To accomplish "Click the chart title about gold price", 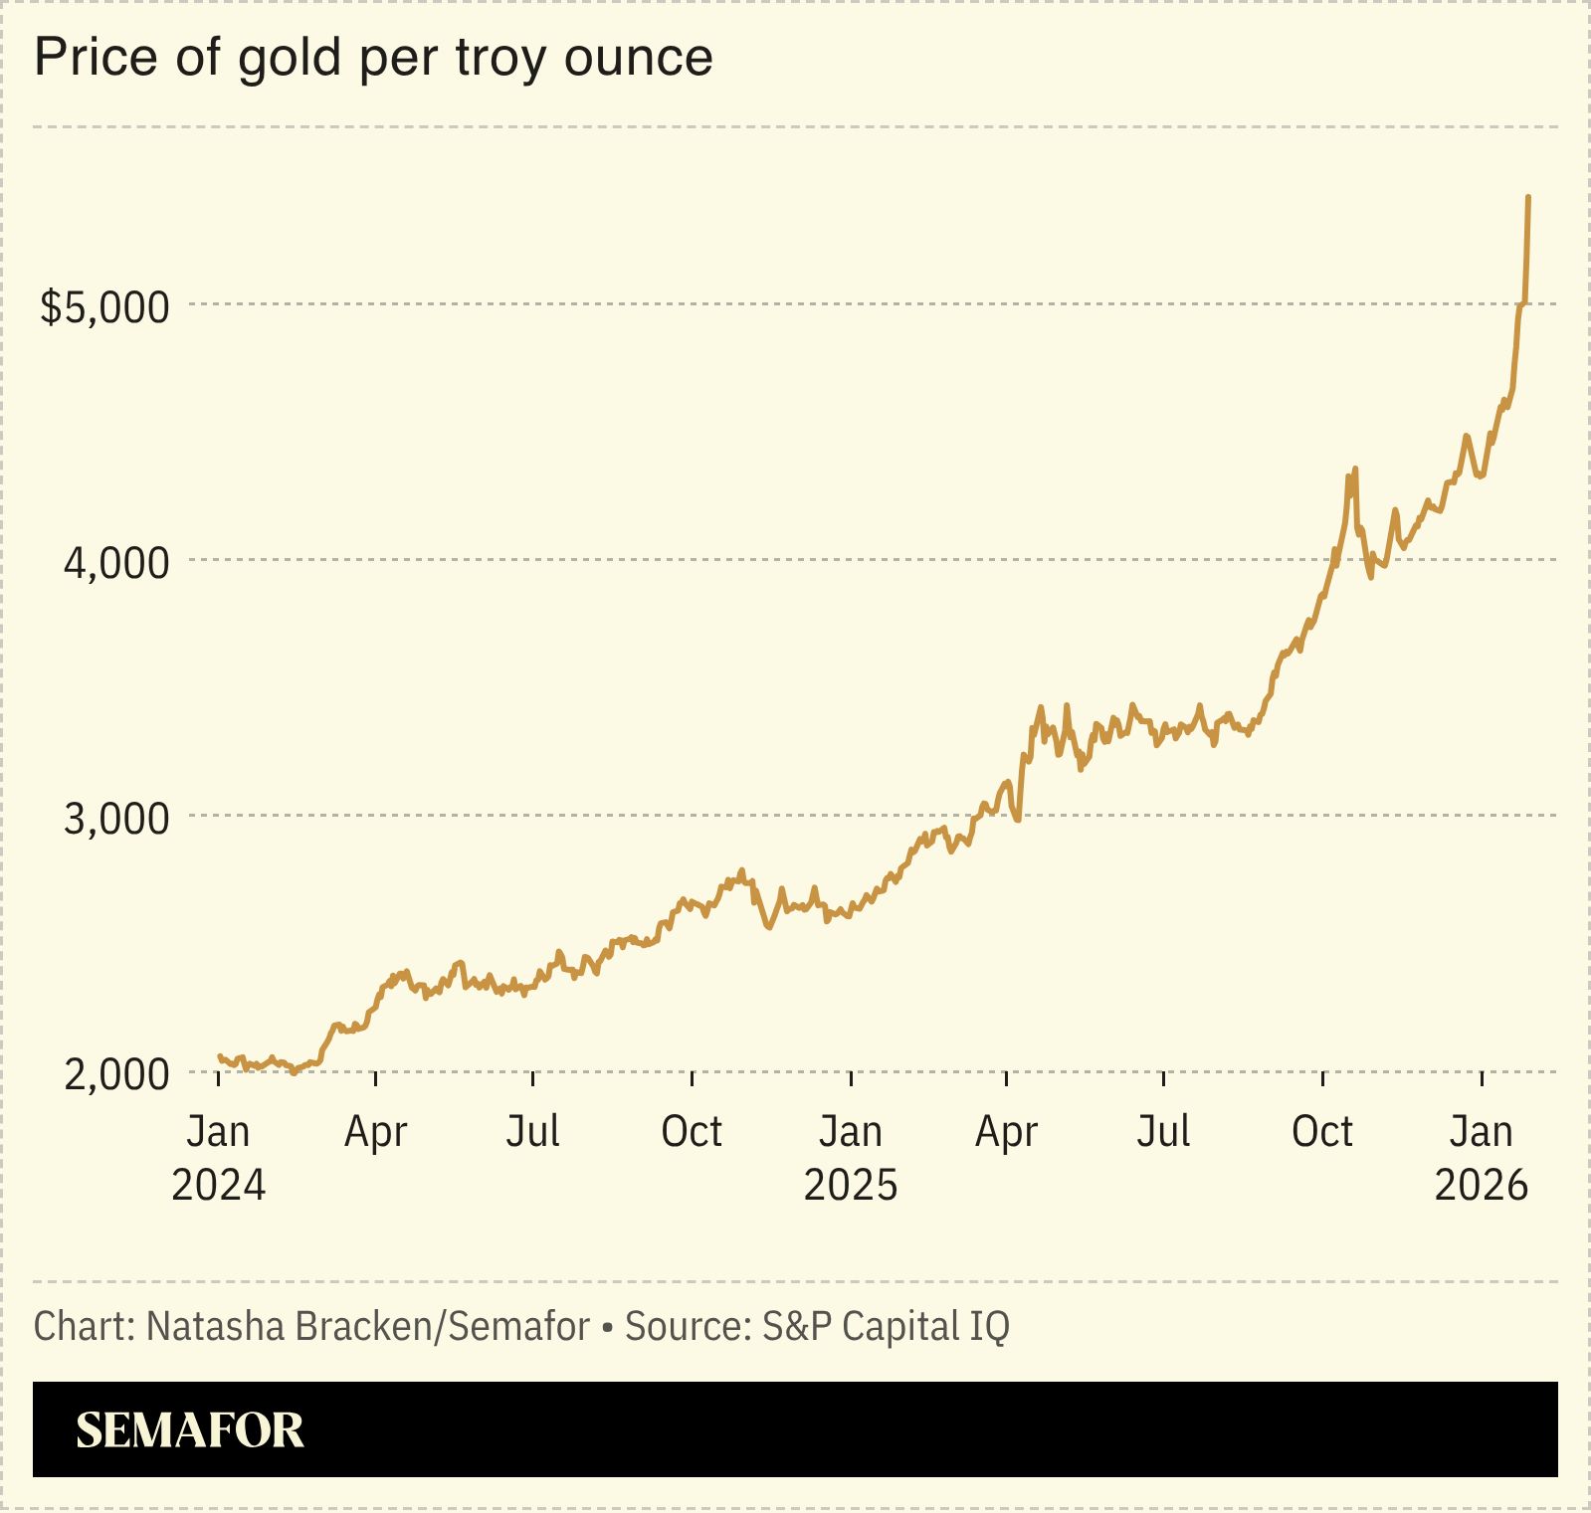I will (x=373, y=58).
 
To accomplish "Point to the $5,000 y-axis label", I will (x=104, y=306).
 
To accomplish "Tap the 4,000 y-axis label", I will (x=116, y=563).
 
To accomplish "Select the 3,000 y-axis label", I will (x=116, y=819).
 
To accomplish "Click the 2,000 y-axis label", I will (x=116, y=1074).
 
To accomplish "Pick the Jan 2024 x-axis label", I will (x=218, y=1158).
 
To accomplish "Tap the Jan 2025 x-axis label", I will (x=850, y=1158).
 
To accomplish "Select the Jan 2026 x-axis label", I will (x=1481, y=1158).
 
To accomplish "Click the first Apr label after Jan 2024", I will (x=375, y=1132).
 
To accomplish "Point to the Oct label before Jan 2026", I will (x=1321, y=1132).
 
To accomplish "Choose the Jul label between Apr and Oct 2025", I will (x=1163, y=1132).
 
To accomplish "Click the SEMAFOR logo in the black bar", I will (x=190, y=1430).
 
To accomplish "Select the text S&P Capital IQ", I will (x=886, y=1327).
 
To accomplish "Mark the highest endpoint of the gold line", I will (x=1527, y=198).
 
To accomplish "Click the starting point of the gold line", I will (x=220, y=1056).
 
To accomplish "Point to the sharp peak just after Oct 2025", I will (x=1354, y=470).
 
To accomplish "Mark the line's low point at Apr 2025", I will (x=1018, y=820).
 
